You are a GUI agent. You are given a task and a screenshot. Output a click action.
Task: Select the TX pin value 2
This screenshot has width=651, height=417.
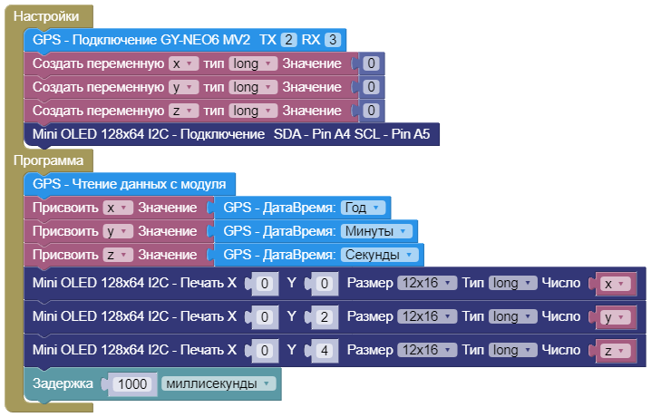[288, 40]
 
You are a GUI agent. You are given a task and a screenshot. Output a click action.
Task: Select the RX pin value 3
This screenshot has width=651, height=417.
[334, 40]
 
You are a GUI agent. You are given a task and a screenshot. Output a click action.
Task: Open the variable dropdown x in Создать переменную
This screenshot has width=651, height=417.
[182, 63]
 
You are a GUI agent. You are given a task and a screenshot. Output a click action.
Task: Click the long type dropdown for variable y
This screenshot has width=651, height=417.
[253, 87]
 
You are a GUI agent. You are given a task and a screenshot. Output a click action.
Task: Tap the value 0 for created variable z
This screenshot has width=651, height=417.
[370, 111]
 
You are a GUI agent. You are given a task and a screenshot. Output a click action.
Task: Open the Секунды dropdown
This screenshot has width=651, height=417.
[382, 255]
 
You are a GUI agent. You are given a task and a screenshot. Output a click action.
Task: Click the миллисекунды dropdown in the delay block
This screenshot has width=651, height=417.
[219, 383]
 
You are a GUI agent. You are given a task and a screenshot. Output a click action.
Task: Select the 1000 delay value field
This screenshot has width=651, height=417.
[132, 383]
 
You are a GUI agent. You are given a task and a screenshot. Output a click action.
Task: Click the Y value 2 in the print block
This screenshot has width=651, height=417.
[324, 317]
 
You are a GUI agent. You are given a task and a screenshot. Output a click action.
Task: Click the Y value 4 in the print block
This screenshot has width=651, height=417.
[324, 350]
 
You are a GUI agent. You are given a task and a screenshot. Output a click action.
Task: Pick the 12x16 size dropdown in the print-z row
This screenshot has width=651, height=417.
[426, 350]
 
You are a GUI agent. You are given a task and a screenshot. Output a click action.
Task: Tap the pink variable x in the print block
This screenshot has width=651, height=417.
[613, 284]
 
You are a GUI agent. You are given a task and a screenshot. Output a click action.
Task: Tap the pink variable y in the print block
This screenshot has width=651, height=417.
[613, 317]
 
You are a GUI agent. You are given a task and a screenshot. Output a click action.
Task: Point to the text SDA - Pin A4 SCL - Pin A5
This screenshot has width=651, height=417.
[352, 134]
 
